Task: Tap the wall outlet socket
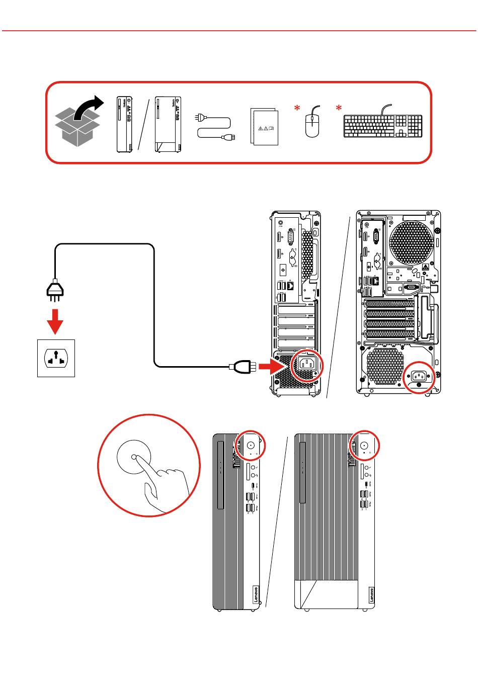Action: [56, 358]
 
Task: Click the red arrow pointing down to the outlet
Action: [55, 320]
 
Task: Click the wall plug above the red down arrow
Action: [55, 290]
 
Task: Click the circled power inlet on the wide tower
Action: [419, 376]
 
